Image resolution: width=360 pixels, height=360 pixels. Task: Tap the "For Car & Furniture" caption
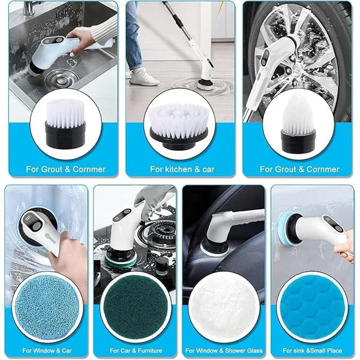[136, 349]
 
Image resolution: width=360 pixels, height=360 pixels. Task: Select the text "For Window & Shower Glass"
[223, 349]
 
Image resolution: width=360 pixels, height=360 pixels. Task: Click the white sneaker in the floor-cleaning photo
[144, 76]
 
